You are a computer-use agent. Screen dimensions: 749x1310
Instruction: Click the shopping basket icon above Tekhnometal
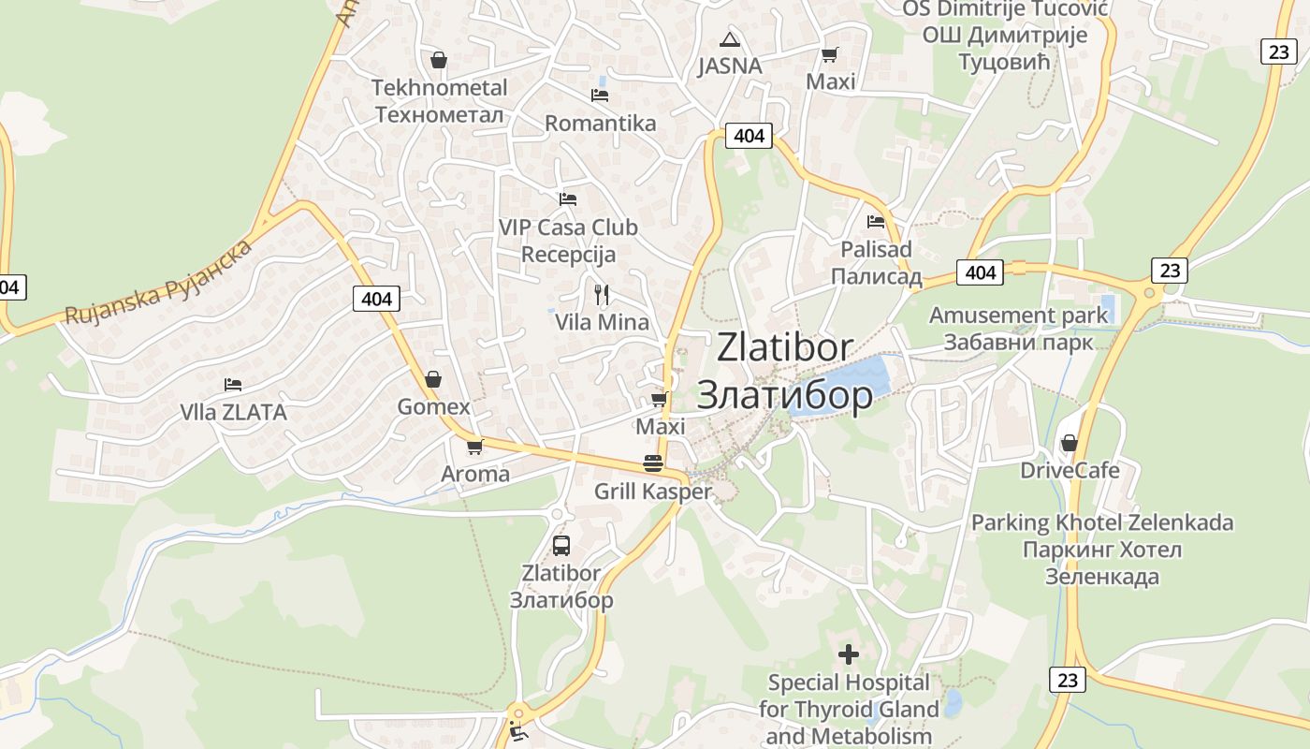[438, 61]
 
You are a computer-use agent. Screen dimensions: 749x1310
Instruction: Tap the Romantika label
[600, 123]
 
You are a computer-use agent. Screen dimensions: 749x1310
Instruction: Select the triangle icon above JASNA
[730, 39]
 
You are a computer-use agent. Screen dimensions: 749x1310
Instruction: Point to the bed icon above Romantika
[600, 95]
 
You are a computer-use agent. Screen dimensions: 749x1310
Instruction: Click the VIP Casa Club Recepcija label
[568, 241]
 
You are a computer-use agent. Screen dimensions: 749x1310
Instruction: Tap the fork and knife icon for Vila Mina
[602, 295]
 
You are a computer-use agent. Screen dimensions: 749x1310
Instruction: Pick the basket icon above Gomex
[432, 379]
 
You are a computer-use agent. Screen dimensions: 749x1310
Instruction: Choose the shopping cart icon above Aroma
[474, 447]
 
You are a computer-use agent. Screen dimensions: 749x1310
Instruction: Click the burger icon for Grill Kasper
[653, 463]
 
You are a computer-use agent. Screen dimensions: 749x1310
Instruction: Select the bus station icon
[561, 545]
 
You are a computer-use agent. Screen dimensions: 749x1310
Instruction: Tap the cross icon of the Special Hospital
[849, 654]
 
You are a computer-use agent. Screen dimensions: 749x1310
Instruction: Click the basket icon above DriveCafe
[1070, 442]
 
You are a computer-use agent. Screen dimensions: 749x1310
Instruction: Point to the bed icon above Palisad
[876, 222]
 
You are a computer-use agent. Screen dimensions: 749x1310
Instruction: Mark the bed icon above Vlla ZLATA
[233, 384]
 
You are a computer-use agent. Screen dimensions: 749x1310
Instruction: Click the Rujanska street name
[159, 283]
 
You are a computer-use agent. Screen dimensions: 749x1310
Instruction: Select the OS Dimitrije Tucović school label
[1005, 35]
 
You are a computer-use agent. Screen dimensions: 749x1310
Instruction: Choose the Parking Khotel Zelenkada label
[1102, 549]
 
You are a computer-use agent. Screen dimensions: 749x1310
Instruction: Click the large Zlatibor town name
[785, 372]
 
